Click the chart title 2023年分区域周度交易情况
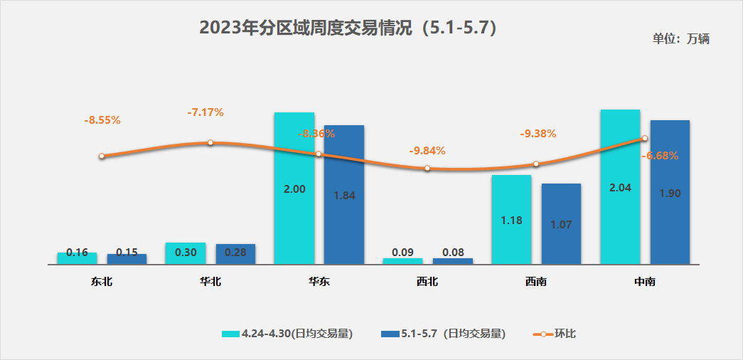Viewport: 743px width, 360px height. (x=348, y=28)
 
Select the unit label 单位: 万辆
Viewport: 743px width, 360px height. (x=680, y=39)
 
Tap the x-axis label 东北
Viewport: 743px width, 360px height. (x=102, y=282)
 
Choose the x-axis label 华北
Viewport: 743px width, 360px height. (x=210, y=282)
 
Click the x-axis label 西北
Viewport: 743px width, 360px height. (x=427, y=282)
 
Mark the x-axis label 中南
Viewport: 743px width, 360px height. (x=645, y=282)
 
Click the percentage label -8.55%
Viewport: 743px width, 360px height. (x=102, y=120)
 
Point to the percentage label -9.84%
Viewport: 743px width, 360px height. (x=427, y=151)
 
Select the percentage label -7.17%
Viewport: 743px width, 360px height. (x=205, y=112)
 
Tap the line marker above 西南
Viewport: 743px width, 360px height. (x=536, y=164)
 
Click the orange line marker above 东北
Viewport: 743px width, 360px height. (x=102, y=156)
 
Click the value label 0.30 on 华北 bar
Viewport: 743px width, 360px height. (x=185, y=252)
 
